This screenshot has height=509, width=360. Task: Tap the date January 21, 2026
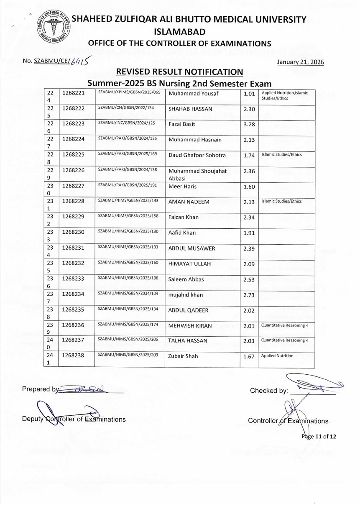[300, 62]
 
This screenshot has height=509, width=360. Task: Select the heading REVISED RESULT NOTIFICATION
[179, 72]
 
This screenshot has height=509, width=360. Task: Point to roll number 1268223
[74, 124]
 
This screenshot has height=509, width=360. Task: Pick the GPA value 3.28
[249, 125]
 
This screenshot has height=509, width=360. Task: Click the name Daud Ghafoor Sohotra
[197, 155]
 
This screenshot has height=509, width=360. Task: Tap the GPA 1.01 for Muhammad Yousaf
[249, 94]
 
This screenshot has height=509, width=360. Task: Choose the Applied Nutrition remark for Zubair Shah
[277, 356]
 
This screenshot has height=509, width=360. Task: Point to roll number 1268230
[74, 233]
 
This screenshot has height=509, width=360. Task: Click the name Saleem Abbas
[186, 279]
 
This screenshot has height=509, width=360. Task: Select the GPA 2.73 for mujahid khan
[249, 295]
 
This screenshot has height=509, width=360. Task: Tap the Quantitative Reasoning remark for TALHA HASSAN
[285, 340]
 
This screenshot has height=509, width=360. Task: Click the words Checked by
[269, 391]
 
